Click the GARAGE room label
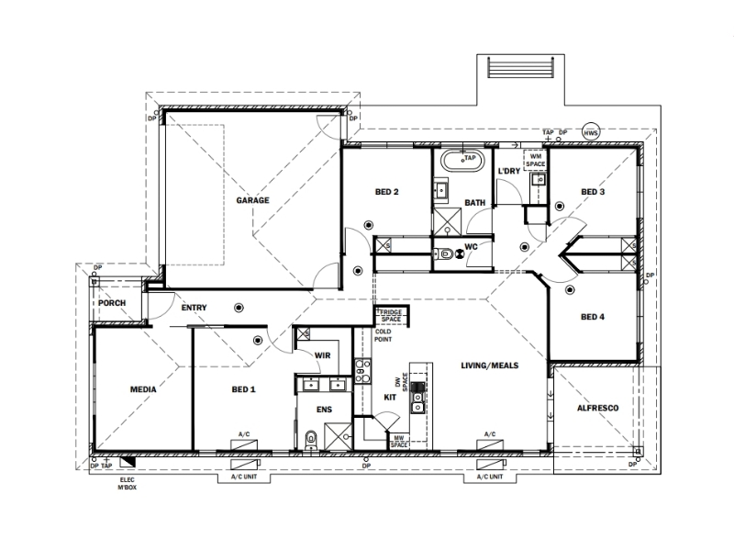(252, 200)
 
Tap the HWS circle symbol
(591, 133)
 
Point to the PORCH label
(112, 303)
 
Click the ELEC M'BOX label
(128, 484)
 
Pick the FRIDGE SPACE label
(392, 315)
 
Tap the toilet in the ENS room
(311, 441)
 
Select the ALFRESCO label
(598, 408)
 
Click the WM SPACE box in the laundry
(536, 160)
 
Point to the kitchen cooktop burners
(361, 371)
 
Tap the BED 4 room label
(593, 317)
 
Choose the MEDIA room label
(143, 389)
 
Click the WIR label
(323, 355)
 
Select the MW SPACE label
(399, 442)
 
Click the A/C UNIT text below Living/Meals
(490, 477)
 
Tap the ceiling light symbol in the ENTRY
(239, 308)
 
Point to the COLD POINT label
(383, 335)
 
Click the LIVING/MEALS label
(490, 365)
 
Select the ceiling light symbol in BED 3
(560, 206)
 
